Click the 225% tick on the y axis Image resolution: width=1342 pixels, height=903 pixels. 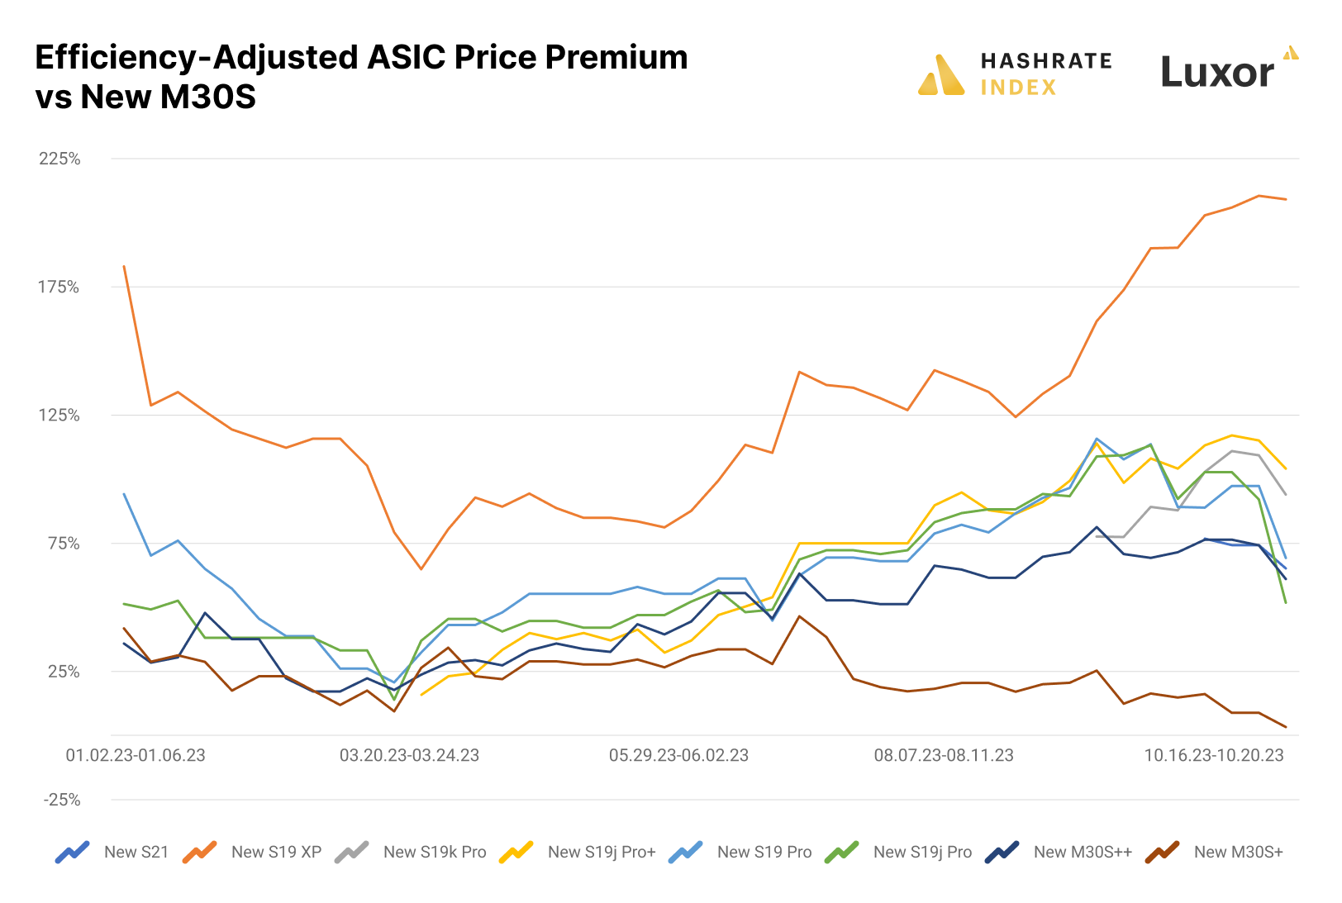59,159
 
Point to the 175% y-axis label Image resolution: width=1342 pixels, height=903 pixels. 59,287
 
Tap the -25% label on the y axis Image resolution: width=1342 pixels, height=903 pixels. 62,800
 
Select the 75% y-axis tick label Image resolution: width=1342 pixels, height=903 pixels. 63,544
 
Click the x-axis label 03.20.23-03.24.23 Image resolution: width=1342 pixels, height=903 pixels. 409,755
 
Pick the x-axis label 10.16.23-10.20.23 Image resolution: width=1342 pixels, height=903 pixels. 1213,755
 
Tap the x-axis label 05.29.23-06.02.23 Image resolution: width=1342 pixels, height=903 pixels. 678,755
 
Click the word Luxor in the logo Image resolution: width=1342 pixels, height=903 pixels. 1217,73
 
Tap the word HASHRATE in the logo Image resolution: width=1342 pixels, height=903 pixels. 1046,61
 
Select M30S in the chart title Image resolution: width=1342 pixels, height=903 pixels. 208,97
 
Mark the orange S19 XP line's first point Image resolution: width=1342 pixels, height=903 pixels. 124,266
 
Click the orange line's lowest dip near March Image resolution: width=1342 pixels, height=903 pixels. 421,569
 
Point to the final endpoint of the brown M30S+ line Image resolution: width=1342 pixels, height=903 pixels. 1286,727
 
